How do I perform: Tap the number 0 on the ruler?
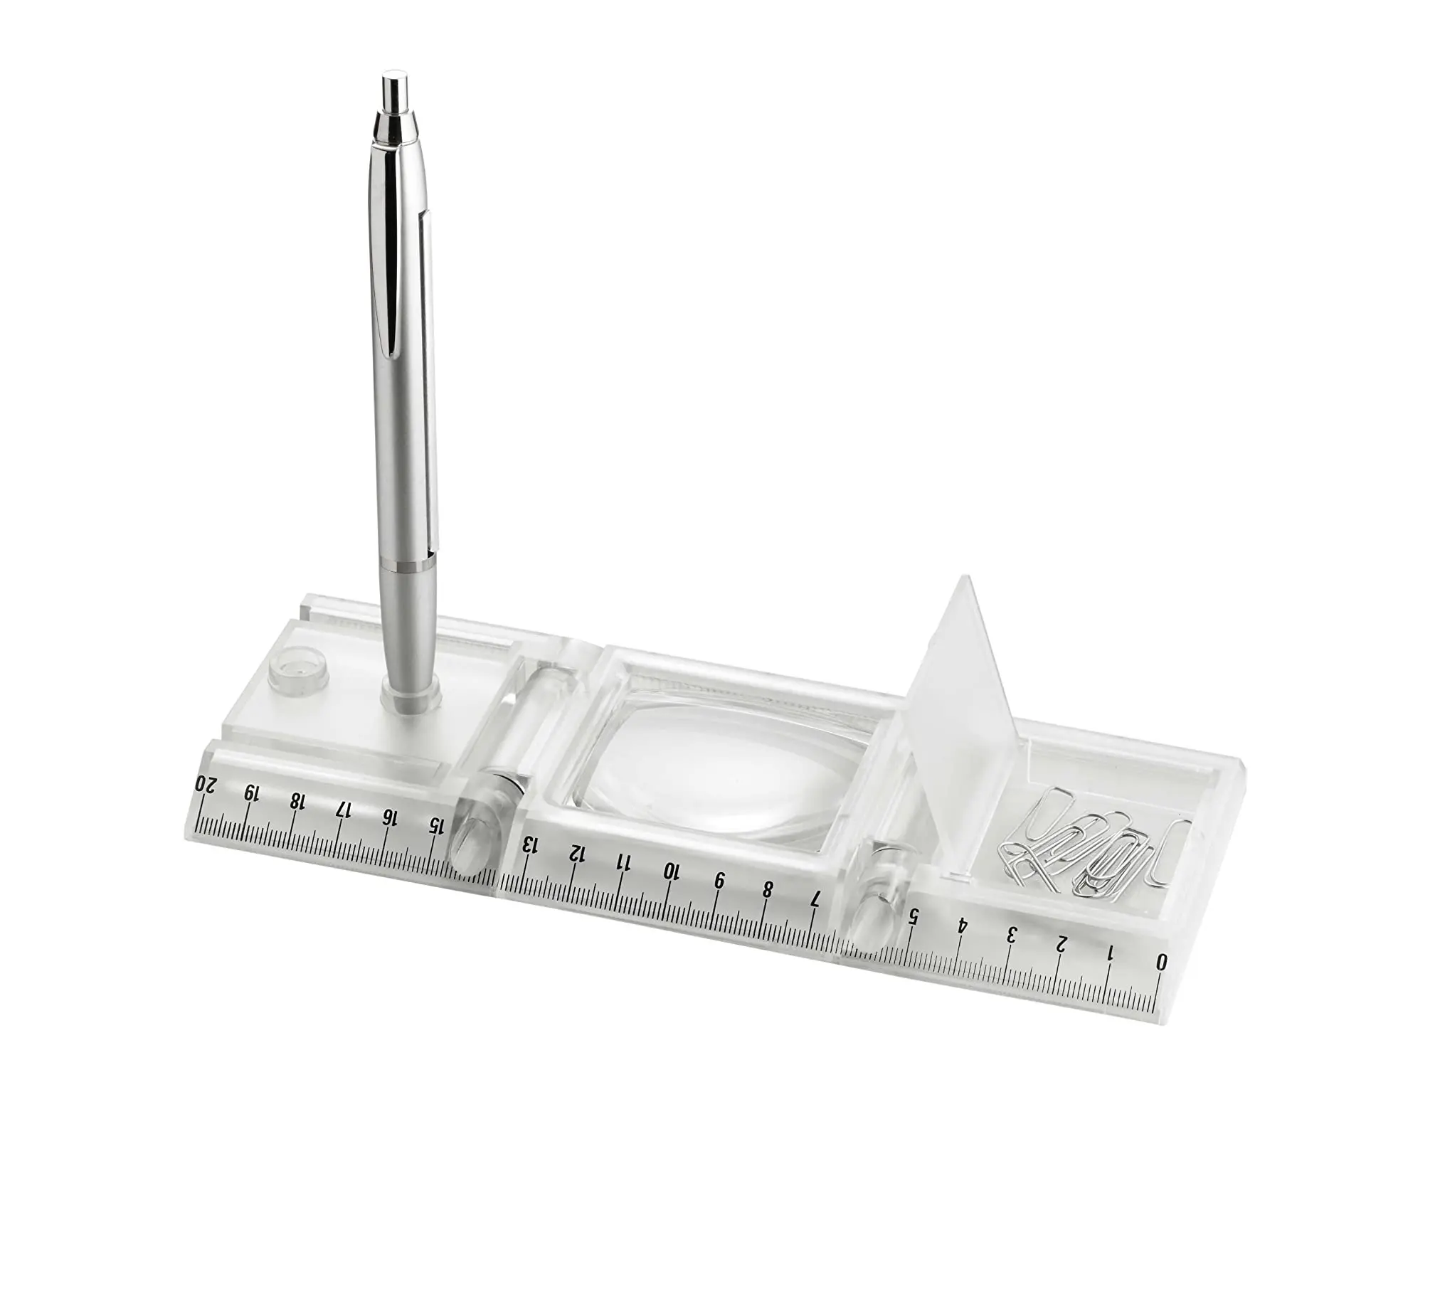point(1161,962)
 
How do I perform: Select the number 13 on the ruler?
point(530,845)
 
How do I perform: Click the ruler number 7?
point(816,899)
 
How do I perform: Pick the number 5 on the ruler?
point(913,916)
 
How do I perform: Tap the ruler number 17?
point(344,809)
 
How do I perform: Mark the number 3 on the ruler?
point(1012,934)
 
